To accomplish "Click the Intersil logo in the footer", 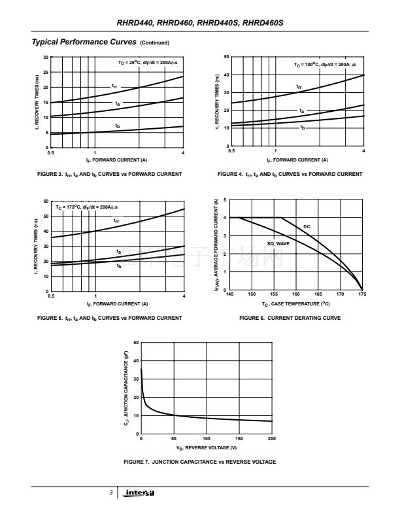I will (x=140, y=492).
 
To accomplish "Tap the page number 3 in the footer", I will (x=111, y=492).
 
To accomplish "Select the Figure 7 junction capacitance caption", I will (x=199, y=462).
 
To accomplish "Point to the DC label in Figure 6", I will (x=307, y=226).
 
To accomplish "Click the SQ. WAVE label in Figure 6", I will (x=278, y=243).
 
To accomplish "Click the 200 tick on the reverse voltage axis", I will (x=272, y=438).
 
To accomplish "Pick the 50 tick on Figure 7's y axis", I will (x=135, y=343).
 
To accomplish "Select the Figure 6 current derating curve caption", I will (x=290, y=318).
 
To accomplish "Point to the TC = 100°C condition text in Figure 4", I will (x=324, y=65).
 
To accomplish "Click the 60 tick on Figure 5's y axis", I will (x=46, y=201).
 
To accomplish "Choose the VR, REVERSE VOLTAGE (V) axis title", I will (x=207, y=447).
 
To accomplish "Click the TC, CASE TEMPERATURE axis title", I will (x=296, y=303).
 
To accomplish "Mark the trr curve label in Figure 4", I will (x=299, y=86).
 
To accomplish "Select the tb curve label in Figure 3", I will (x=118, y=125).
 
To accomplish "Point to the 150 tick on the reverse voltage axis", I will (x=239, y=438).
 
